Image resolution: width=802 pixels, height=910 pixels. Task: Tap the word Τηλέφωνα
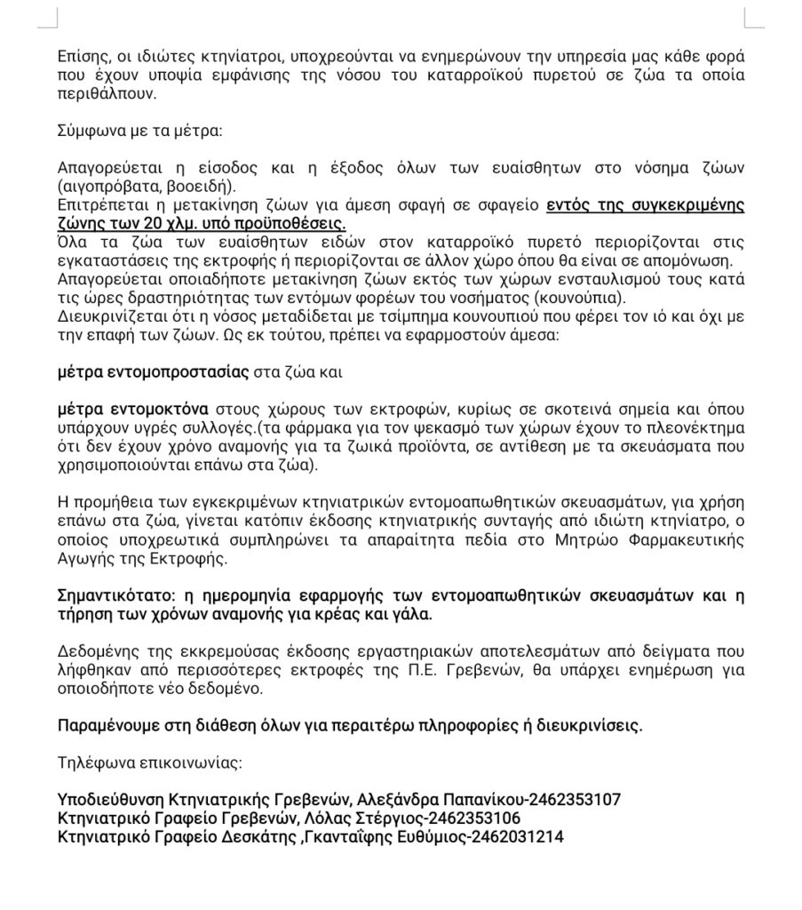pyautogui.click(x=91, y=762)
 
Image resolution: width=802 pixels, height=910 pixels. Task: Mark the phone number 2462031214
pyautogui.click(x=516, y=836)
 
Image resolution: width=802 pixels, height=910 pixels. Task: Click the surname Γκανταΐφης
pyautogui.click(x=348, y=836)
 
